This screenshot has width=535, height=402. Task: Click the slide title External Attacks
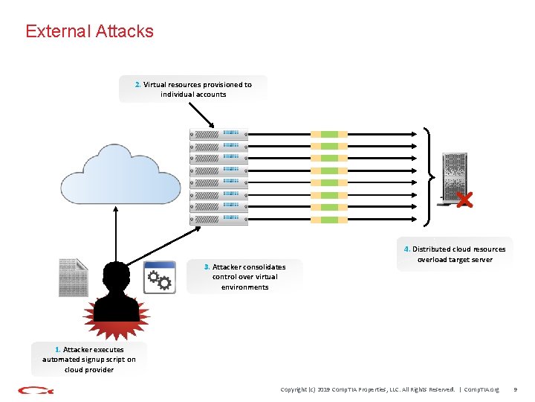point(89,31)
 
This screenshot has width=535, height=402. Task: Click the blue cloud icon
point(120,175)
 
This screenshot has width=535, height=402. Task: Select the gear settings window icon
point(160,278)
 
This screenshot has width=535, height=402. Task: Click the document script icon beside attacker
point(73,277)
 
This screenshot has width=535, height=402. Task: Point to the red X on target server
point(464,200)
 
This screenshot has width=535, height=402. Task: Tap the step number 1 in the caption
point(58,349)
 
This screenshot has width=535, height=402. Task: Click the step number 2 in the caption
point(137,85)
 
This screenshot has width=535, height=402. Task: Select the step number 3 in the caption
point(207,267)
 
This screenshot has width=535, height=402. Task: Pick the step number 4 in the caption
point(406,249)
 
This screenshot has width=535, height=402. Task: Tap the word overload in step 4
point(433,260)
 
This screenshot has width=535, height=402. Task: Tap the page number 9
point(516,389)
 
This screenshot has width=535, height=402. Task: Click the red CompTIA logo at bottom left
point(34,389)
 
